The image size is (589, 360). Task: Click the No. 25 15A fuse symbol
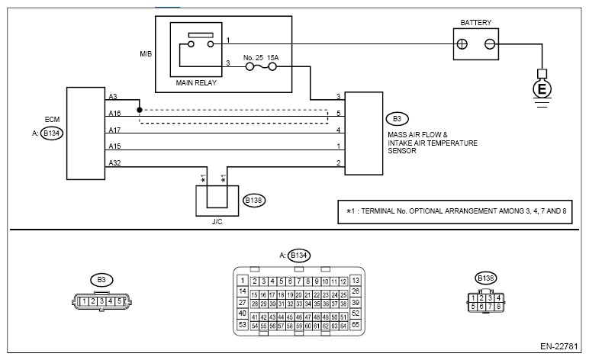pos(261,66)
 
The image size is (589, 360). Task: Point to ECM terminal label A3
pos(113,97)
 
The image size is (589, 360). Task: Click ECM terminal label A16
pos(114,113)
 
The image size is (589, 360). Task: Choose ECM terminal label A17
pos(114,129)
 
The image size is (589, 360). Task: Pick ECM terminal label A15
pos(114,146)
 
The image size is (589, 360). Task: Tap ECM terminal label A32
pos(114,162)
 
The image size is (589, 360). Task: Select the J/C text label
pos(217,224)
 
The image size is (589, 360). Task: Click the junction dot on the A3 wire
pos(140,109)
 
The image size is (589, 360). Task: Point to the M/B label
pos(147,54)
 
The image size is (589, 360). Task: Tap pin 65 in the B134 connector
pos(356,325)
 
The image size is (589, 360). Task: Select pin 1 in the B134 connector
pos(243,281)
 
